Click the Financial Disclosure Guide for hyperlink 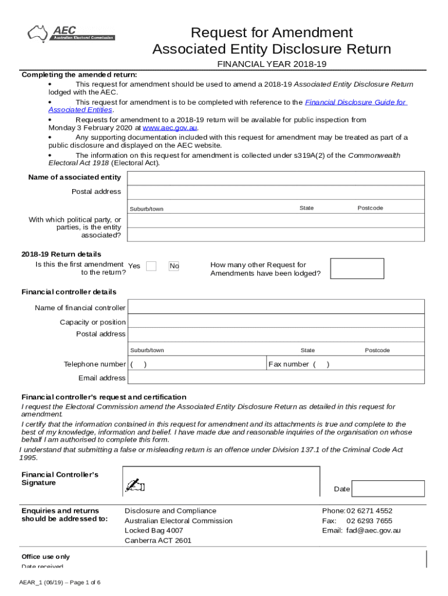[355, 102]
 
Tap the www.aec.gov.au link [170, 127]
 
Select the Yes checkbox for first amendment [151, 266]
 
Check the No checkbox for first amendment [174, 266]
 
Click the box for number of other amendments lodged [356, 269]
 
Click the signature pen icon [135, 485]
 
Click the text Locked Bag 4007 [154, 530]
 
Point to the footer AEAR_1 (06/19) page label [60, 582]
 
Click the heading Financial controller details [69, 292]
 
